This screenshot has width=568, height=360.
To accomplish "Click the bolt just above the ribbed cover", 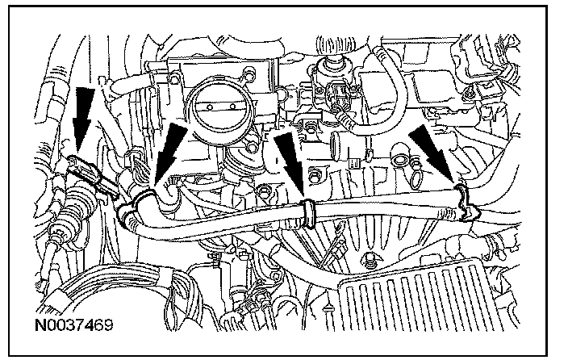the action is [370, 261].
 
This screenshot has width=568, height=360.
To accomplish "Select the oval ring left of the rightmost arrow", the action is [401, 161].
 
